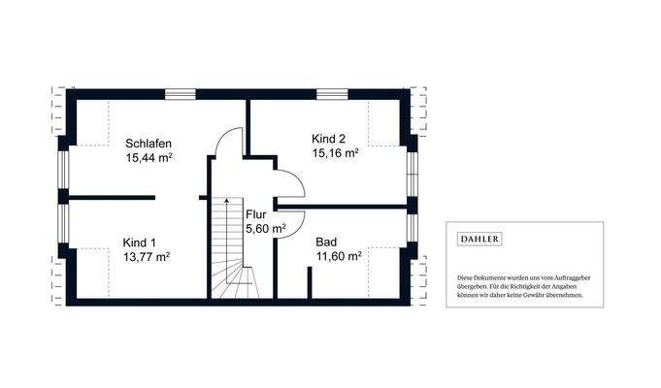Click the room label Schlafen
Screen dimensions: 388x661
pyautogui.click(x=149, y=143)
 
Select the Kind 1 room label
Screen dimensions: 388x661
pyautogui.click(x=139, y=242)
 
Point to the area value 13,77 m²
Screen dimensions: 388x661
pyautogui.click(x=147, y=257)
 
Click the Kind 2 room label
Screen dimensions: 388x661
pyautogui.click(x=328, y=138)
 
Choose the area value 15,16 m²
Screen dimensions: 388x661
pyautogui.click(x=335, y=152)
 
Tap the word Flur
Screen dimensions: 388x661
pyautogui.click(x=256, y=214)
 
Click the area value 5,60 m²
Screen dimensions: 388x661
pyautogui.click(x=265, y=229)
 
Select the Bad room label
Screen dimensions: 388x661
pyautogui.click(x=326, y=242)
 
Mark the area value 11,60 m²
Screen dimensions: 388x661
pyautogui.click(x=339, y=256)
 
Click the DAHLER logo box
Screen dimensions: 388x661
pyautogui.click(x=480, y=239)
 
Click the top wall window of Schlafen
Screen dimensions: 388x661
pyautogui.click(x=180, y=94)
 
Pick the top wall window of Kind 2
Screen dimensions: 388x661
pyautogui.click(x=332, y=94)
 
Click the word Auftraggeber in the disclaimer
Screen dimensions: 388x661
pyautogui.click(x=570, y=277)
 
